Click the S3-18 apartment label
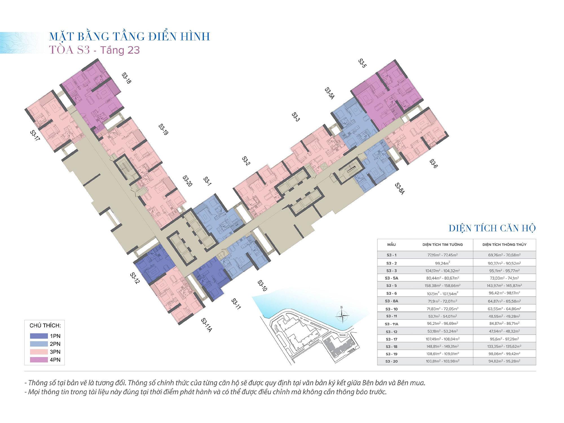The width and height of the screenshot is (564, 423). [126, 78]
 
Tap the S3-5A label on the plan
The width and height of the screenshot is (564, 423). [329, 93]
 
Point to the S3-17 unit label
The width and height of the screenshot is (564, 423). [35, 135]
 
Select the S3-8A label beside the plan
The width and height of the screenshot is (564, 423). [400, 188]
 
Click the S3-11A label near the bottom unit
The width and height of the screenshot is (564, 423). [206, 325]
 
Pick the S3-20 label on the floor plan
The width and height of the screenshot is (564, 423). [188, 181]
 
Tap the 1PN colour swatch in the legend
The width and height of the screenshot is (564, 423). [39, 336]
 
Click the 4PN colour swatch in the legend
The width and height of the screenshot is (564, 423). [39, 360]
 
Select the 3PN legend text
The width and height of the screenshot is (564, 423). [55, 352]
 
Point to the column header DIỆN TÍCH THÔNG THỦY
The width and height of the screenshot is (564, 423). [504, 244]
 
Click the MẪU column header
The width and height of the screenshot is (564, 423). [391, 244]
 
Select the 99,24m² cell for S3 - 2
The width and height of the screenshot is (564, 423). [442, 263]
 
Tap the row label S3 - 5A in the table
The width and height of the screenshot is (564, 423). [391, 278]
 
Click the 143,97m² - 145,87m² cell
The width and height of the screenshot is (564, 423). [504, 285]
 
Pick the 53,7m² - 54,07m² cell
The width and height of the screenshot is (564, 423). [442, 316]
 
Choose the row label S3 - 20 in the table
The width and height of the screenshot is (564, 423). [391, 361]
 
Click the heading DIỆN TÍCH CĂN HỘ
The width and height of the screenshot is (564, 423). [492, 228]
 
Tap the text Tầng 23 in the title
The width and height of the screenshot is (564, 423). [120, 50]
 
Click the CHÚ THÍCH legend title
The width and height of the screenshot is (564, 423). [45, 325]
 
